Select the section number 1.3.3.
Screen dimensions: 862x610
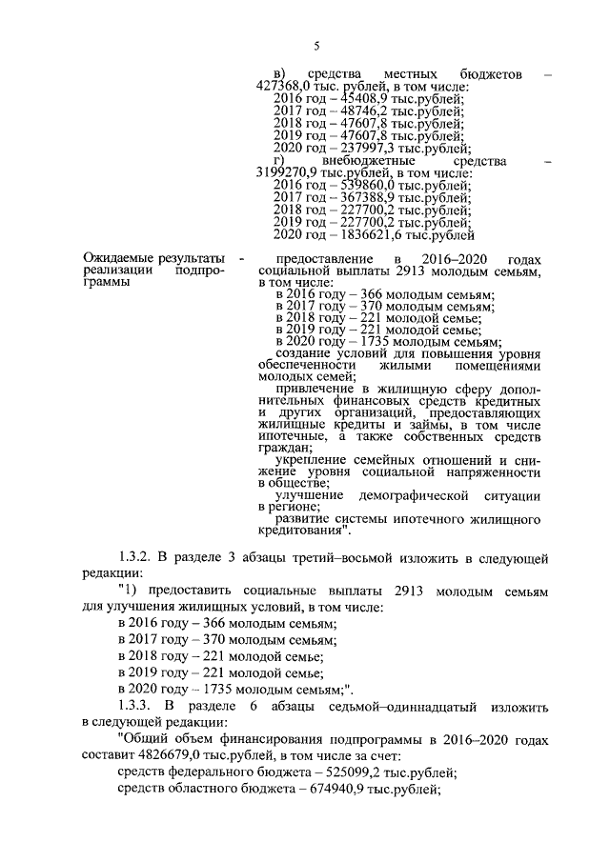tap(136, 707)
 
